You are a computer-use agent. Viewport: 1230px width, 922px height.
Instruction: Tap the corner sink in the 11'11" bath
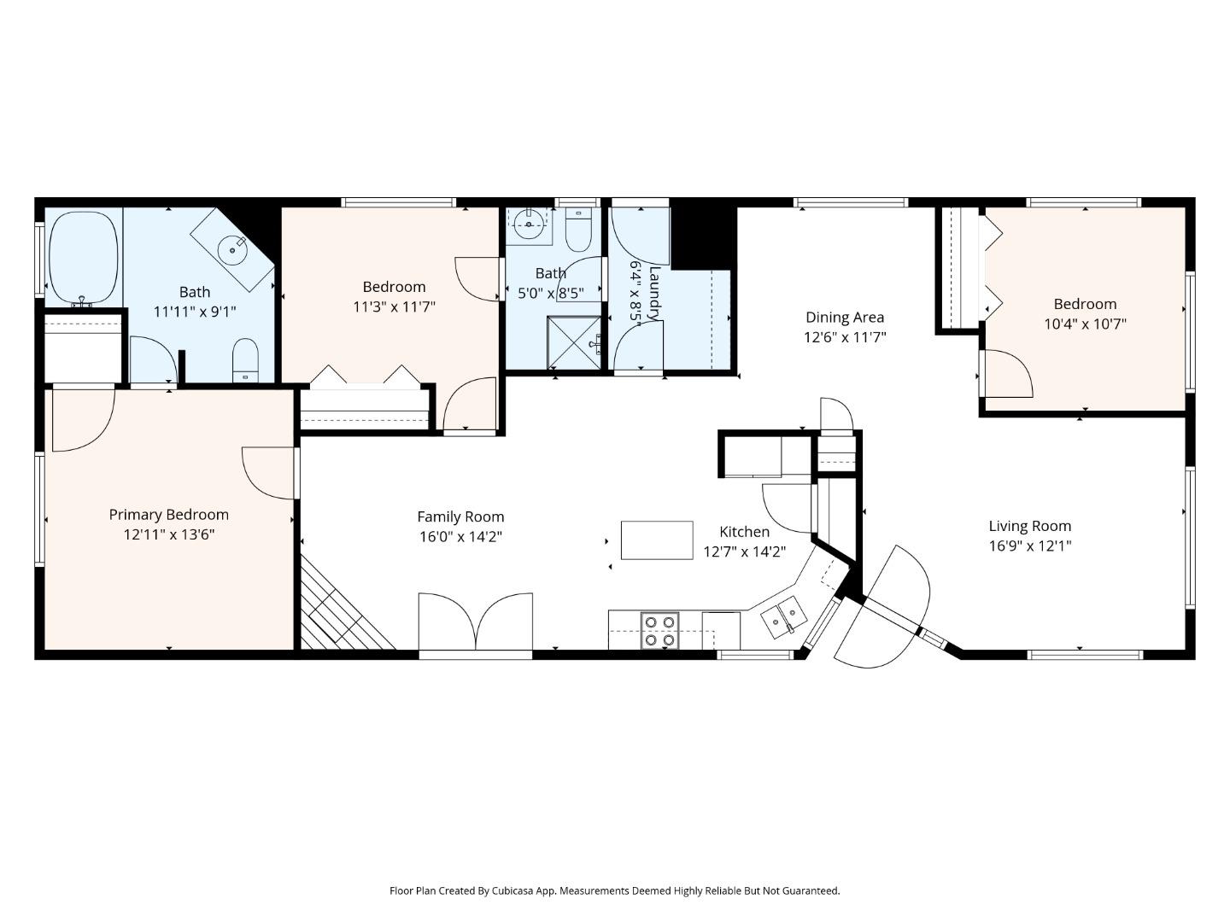(231, 250)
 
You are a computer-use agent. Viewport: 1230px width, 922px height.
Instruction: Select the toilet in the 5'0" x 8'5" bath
(579, 227)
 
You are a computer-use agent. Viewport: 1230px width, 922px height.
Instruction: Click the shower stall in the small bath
(574, 343)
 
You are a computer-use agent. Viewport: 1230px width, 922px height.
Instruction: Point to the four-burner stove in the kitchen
(659, 631)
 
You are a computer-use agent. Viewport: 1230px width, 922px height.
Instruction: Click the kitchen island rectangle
(656, 540)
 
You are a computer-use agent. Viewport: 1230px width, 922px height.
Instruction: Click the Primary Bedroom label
(168, 515)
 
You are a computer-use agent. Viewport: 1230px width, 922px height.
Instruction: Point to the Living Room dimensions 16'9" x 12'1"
(1029, 546)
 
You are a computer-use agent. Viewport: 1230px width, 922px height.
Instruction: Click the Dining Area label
(844, 318)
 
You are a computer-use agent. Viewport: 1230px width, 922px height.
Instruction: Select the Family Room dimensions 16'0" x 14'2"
(460, 537)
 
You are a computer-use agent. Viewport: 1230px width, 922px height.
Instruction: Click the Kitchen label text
(744, 532)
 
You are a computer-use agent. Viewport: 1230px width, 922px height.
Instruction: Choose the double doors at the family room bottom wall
(475, 623)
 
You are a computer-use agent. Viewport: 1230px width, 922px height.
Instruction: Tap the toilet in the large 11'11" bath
(245, 360)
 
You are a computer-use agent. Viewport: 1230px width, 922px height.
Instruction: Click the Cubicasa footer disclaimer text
(614, 890)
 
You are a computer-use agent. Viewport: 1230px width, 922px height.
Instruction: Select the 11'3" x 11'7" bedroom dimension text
(394, 306)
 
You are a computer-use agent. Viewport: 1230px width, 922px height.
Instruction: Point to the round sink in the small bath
(529, 226)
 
